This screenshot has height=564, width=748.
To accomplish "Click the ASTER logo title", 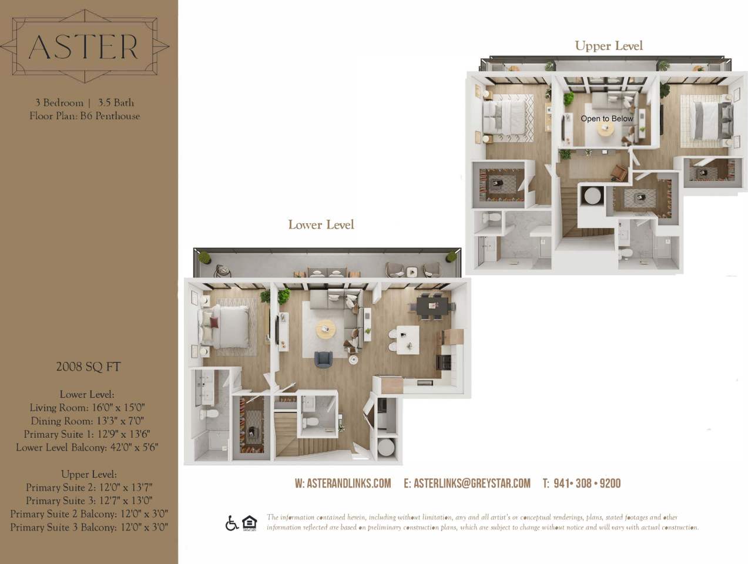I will pos(83,46).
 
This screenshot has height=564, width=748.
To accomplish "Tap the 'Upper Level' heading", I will pos(608,46).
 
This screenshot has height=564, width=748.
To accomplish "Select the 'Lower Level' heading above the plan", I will pos(321,224).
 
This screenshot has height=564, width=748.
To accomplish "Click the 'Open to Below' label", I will pos(607,119).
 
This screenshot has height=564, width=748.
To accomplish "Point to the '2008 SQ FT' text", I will pos(88,367).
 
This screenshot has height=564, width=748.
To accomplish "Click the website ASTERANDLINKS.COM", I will pos(343,484).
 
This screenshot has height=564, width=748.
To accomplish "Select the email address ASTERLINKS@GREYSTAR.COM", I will pos(467,484).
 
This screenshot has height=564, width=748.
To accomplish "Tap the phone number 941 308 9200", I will pos(581,484).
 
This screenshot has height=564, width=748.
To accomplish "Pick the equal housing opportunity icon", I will pos(249,523).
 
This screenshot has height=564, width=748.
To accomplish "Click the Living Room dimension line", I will pos(87,408).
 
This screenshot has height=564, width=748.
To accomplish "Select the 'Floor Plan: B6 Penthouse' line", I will pos(85,116).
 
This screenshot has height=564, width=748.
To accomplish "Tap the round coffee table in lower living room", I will pos(326,328).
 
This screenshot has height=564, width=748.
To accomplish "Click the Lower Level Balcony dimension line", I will pos(87,448).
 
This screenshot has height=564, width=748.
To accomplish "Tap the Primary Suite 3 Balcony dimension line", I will pos(89,528).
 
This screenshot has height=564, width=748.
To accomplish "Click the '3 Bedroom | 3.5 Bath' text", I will pos(85,103).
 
